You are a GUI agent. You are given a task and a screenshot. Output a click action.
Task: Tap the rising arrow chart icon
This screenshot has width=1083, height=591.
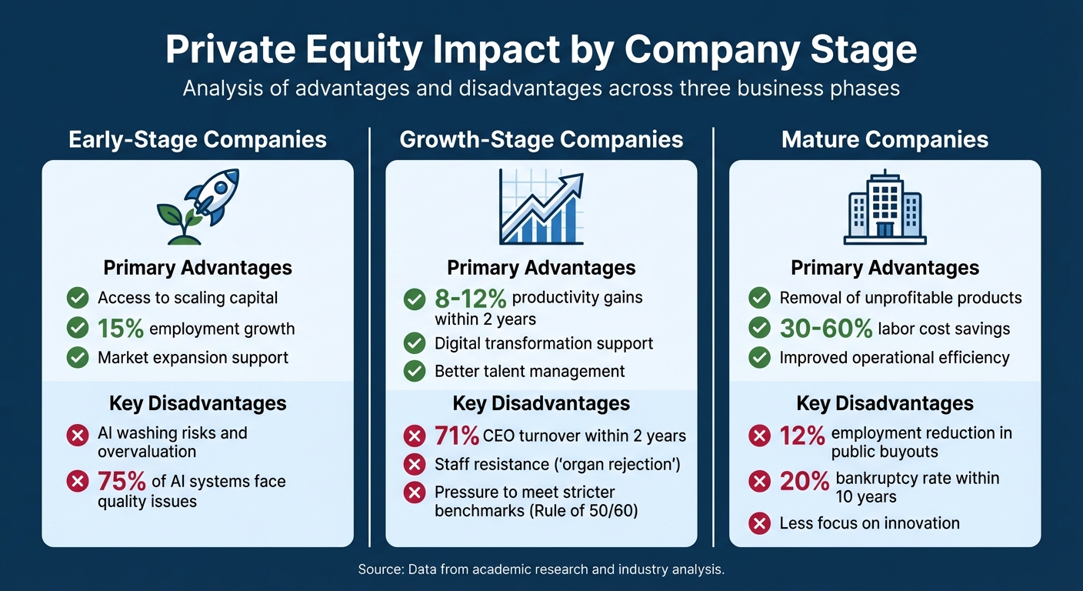click(x=541, y=206)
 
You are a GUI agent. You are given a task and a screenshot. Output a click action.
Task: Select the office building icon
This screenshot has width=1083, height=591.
click(x=885, y=206)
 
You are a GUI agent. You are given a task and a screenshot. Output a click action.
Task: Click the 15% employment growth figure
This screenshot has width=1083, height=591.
click(x=121, y=329)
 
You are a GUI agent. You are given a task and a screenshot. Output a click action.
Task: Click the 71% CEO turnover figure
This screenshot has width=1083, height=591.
click(x=456, y=436)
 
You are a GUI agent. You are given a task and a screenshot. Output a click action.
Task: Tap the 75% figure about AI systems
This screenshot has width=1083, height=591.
click(x=121, y=482)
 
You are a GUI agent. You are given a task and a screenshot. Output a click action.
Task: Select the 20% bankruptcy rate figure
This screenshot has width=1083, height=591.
click(x=803, y=482)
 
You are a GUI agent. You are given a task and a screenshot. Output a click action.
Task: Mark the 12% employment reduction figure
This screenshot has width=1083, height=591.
click(x=802, y=436)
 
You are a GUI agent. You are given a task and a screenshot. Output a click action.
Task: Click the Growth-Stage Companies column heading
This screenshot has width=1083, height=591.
click(x=541, y=139)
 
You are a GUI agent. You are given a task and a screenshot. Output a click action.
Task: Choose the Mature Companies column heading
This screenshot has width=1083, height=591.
click(x=885, y=139)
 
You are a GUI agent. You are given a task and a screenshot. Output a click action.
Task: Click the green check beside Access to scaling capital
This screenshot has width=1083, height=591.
click(x=77, y=298)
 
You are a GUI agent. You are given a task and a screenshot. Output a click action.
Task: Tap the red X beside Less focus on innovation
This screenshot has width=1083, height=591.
click(x=759, y=523)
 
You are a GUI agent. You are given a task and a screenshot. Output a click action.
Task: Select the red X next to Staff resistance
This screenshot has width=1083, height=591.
click(x=415, y=464)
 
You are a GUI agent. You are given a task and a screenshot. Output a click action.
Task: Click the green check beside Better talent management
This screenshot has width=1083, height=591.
click(x=415, y=371)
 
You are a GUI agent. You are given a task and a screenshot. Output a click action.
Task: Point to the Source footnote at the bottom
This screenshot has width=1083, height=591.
click(x=541, y=570)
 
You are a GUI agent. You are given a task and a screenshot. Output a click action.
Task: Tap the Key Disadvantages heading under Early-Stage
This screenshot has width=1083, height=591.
click(x=198, y=403)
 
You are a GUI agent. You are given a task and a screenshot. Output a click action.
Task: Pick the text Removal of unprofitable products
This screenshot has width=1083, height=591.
click(x=900, y=298)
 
